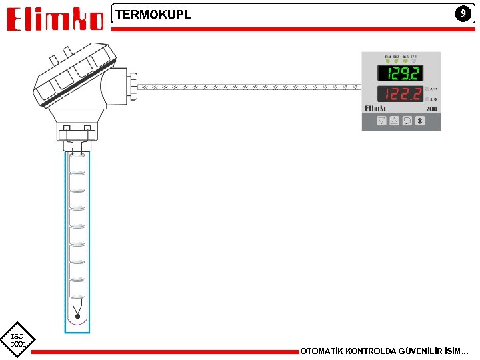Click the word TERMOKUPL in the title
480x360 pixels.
(x=153, y=14)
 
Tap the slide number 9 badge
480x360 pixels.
(x=461, y=13)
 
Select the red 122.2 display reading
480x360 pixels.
(x=399, y=95)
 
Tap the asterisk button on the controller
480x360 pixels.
(x=419, y=121)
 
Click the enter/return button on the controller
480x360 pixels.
(x=407, y=121)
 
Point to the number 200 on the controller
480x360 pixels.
(x=431, y=108)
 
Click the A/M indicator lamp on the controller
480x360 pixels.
(x=427, y=88)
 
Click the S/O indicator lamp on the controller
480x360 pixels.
(x=427, y=99)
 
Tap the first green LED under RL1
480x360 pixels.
(x=387, y=61)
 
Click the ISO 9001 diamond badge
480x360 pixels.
(x=17, y=340)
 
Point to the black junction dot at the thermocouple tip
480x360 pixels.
(x=77, y=315)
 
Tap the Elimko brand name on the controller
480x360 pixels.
(x=375, y=108)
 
